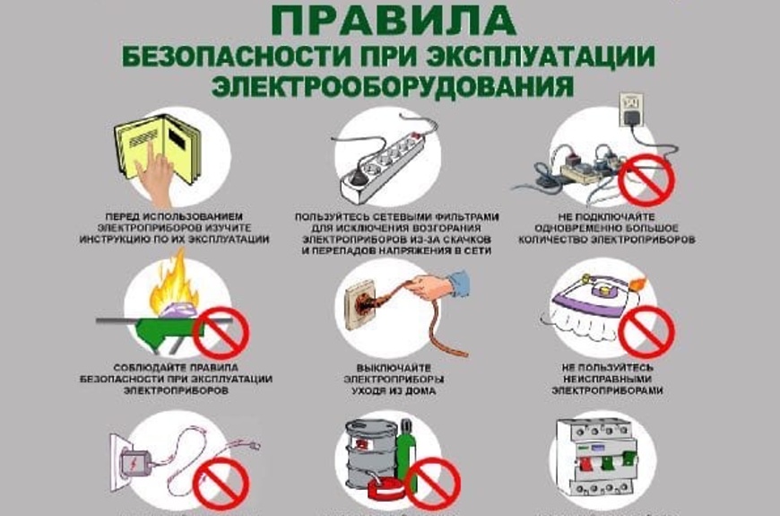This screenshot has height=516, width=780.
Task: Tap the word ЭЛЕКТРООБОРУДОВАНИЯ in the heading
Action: (391, 85)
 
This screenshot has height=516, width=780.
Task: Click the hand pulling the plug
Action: (434, 287)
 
